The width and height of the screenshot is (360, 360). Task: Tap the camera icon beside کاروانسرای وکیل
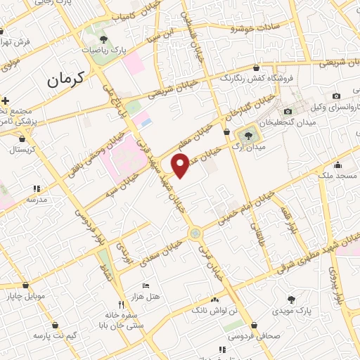click(x=336, y=96)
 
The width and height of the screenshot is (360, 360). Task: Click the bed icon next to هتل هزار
click(x=146, y=285)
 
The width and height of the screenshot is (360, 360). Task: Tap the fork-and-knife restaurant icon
click(x=121, y=304)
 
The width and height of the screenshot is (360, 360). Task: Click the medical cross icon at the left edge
click(x=5, y=101)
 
